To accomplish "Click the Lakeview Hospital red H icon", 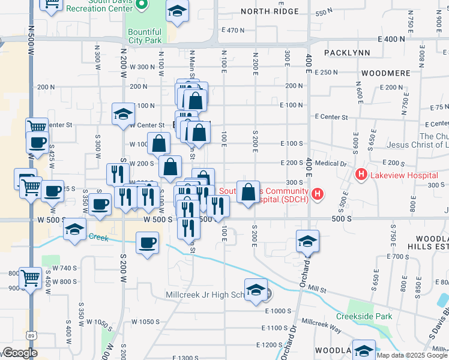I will pos(361,175).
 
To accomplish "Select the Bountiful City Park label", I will pos(144,36).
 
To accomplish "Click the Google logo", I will pos(20,353).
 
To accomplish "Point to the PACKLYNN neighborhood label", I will pos(347,53).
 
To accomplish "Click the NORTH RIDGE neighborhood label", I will pos(270,11).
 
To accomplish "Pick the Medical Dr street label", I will pos(331,163).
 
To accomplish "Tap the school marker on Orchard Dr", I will pos(307,241).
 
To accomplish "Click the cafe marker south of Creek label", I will pos(148,244).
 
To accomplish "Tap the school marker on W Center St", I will pos(123,114).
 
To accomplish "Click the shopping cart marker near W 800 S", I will pos(31,278).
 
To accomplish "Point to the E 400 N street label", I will pos(393,39).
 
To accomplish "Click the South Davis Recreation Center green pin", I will pos(142,6).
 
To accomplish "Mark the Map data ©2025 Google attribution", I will pos(411,355).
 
